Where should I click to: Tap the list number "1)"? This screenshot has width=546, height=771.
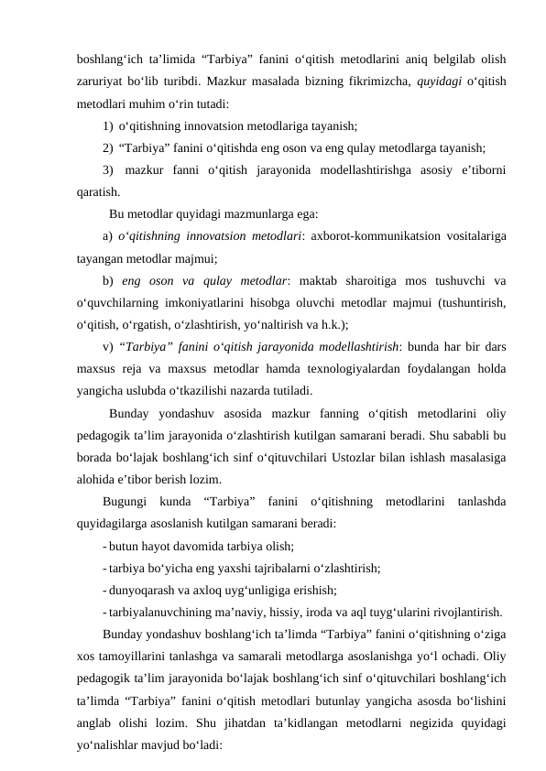coord(109,125)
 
